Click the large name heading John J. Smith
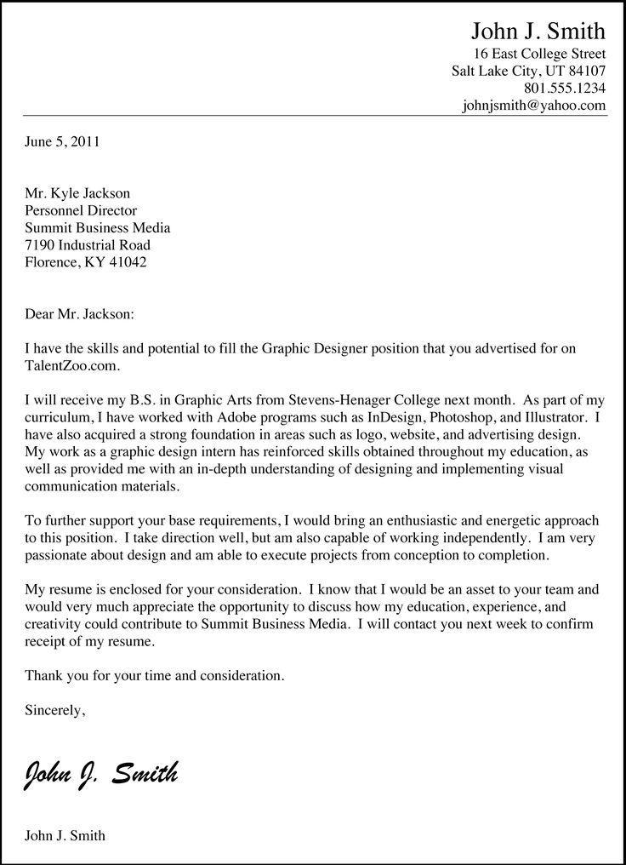pos(538,32)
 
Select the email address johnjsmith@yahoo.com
pos(534,106)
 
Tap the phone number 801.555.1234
pos(565,88)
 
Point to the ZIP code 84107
pos(586,70)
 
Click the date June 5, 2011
pos(62,141)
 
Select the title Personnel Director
pos(81,210)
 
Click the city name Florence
pos(50,262)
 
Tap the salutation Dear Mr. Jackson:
pos(80,314)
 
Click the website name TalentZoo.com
pos(72,366)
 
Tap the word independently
pos(463,538)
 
